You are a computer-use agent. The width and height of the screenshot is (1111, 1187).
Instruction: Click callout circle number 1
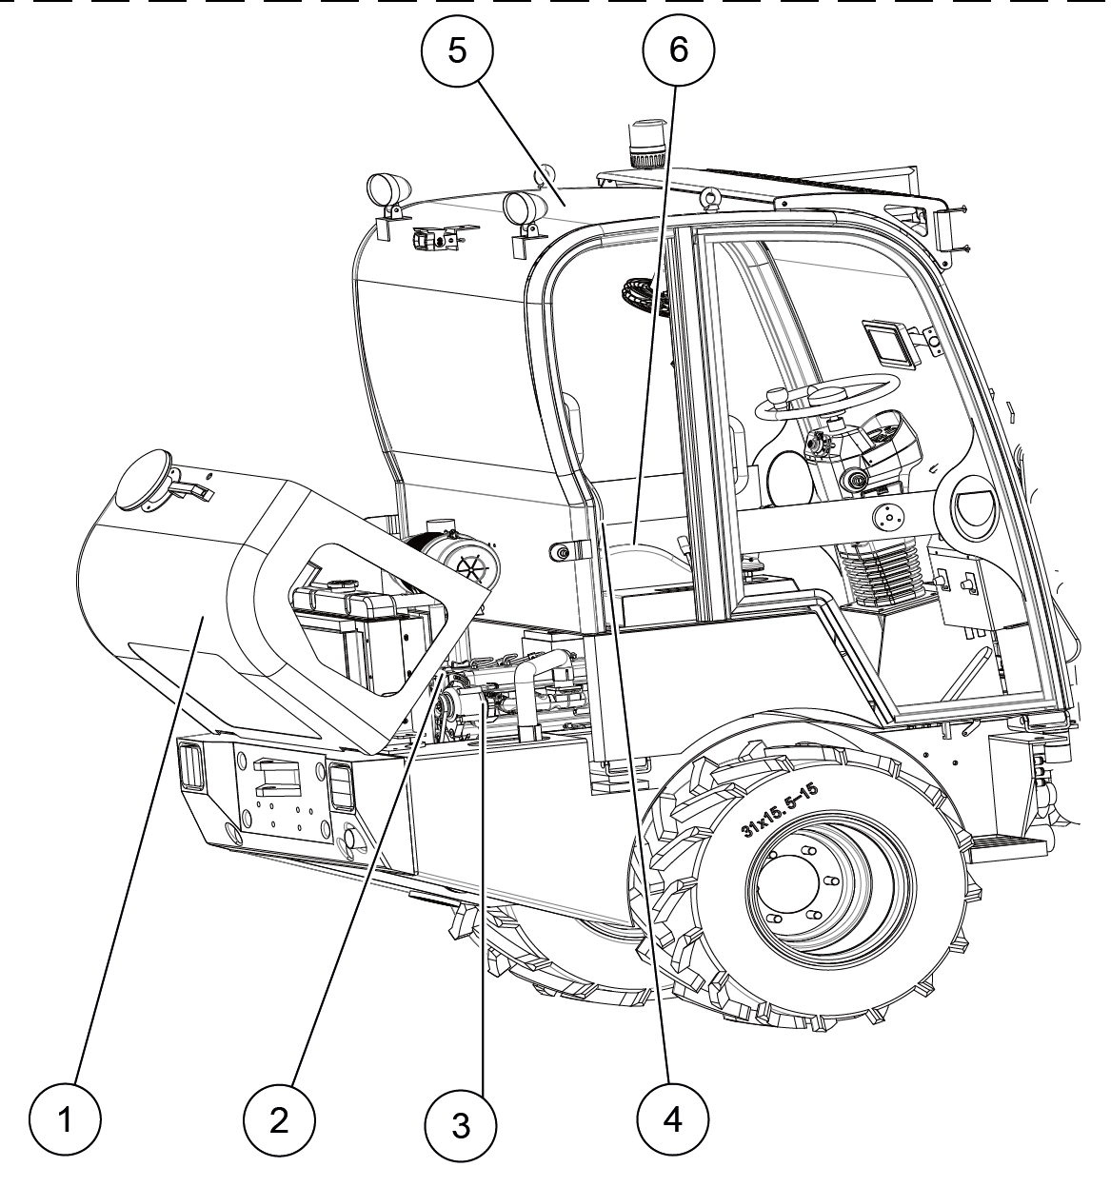pos(65,1119)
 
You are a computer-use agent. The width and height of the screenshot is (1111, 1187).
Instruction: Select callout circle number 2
pos(278,1119)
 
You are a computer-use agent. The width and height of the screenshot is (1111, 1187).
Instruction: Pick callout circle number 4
pos(672,1119)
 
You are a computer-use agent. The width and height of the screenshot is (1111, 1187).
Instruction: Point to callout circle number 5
pos(458,51)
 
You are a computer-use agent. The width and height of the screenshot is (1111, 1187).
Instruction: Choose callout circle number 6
pos(678,51)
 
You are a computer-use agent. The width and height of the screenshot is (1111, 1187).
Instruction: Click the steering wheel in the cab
pos(827,396)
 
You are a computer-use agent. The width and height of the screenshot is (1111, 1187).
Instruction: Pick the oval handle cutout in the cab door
pos(973,506)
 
